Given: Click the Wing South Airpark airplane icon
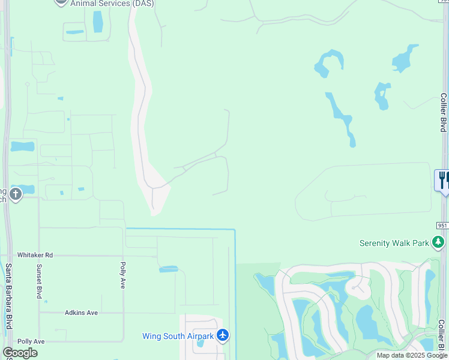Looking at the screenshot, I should [x=223, y=335].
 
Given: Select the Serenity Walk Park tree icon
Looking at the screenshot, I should [x=439, y=242].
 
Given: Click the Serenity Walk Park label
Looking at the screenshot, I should [x=394, y=243].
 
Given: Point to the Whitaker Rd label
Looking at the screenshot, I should [x=35, y=255].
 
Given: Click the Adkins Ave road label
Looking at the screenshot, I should [x=81, y=313].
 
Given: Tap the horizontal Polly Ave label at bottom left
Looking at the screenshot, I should [x=31, y=341].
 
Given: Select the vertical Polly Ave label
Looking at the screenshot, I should [x=122, y=275].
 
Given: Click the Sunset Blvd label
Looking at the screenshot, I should [x=39, y=281].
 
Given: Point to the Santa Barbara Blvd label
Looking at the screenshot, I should [x=9, y=296].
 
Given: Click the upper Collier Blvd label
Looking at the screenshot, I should [x=443, y=112].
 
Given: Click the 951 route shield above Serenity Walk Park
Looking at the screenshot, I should [x=442, y=224].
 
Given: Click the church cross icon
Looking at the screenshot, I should [x=16, y=194].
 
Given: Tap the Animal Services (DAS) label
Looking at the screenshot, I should [x=112, y=4].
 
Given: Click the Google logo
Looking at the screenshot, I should [x=20, y=353].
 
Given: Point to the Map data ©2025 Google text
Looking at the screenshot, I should [x=412, y=355].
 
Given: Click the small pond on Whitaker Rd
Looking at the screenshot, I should [x=169, y=269].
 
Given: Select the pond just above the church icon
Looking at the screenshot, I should [x=22, y=146].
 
